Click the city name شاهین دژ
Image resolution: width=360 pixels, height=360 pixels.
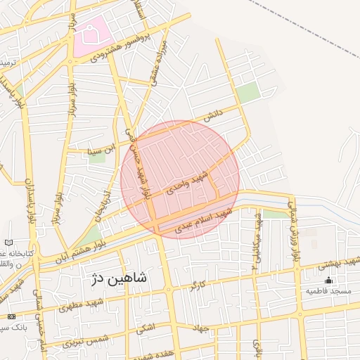click(119, 278)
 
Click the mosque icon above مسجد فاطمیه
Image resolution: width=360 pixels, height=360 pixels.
click(328, 279)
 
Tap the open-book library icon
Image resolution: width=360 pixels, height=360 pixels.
click(8, 242)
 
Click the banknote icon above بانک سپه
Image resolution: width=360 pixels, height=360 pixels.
click(11, 317)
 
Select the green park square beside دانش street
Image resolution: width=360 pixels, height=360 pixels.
click(247, 92)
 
